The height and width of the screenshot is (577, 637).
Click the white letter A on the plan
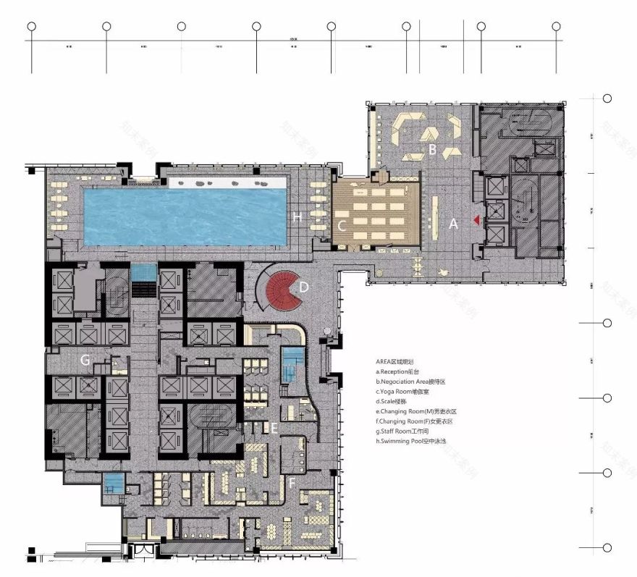[x=454, y=224]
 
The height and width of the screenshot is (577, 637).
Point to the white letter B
[x=431, y=150]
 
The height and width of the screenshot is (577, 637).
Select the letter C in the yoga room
[x=342, y=225]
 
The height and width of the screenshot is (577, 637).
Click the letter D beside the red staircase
[x=304, y=287]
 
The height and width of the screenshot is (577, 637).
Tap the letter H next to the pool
[x=297, y=216]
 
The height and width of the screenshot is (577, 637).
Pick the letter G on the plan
[x=85, y=358]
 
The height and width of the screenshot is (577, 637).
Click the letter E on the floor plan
[x=274, y=428]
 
